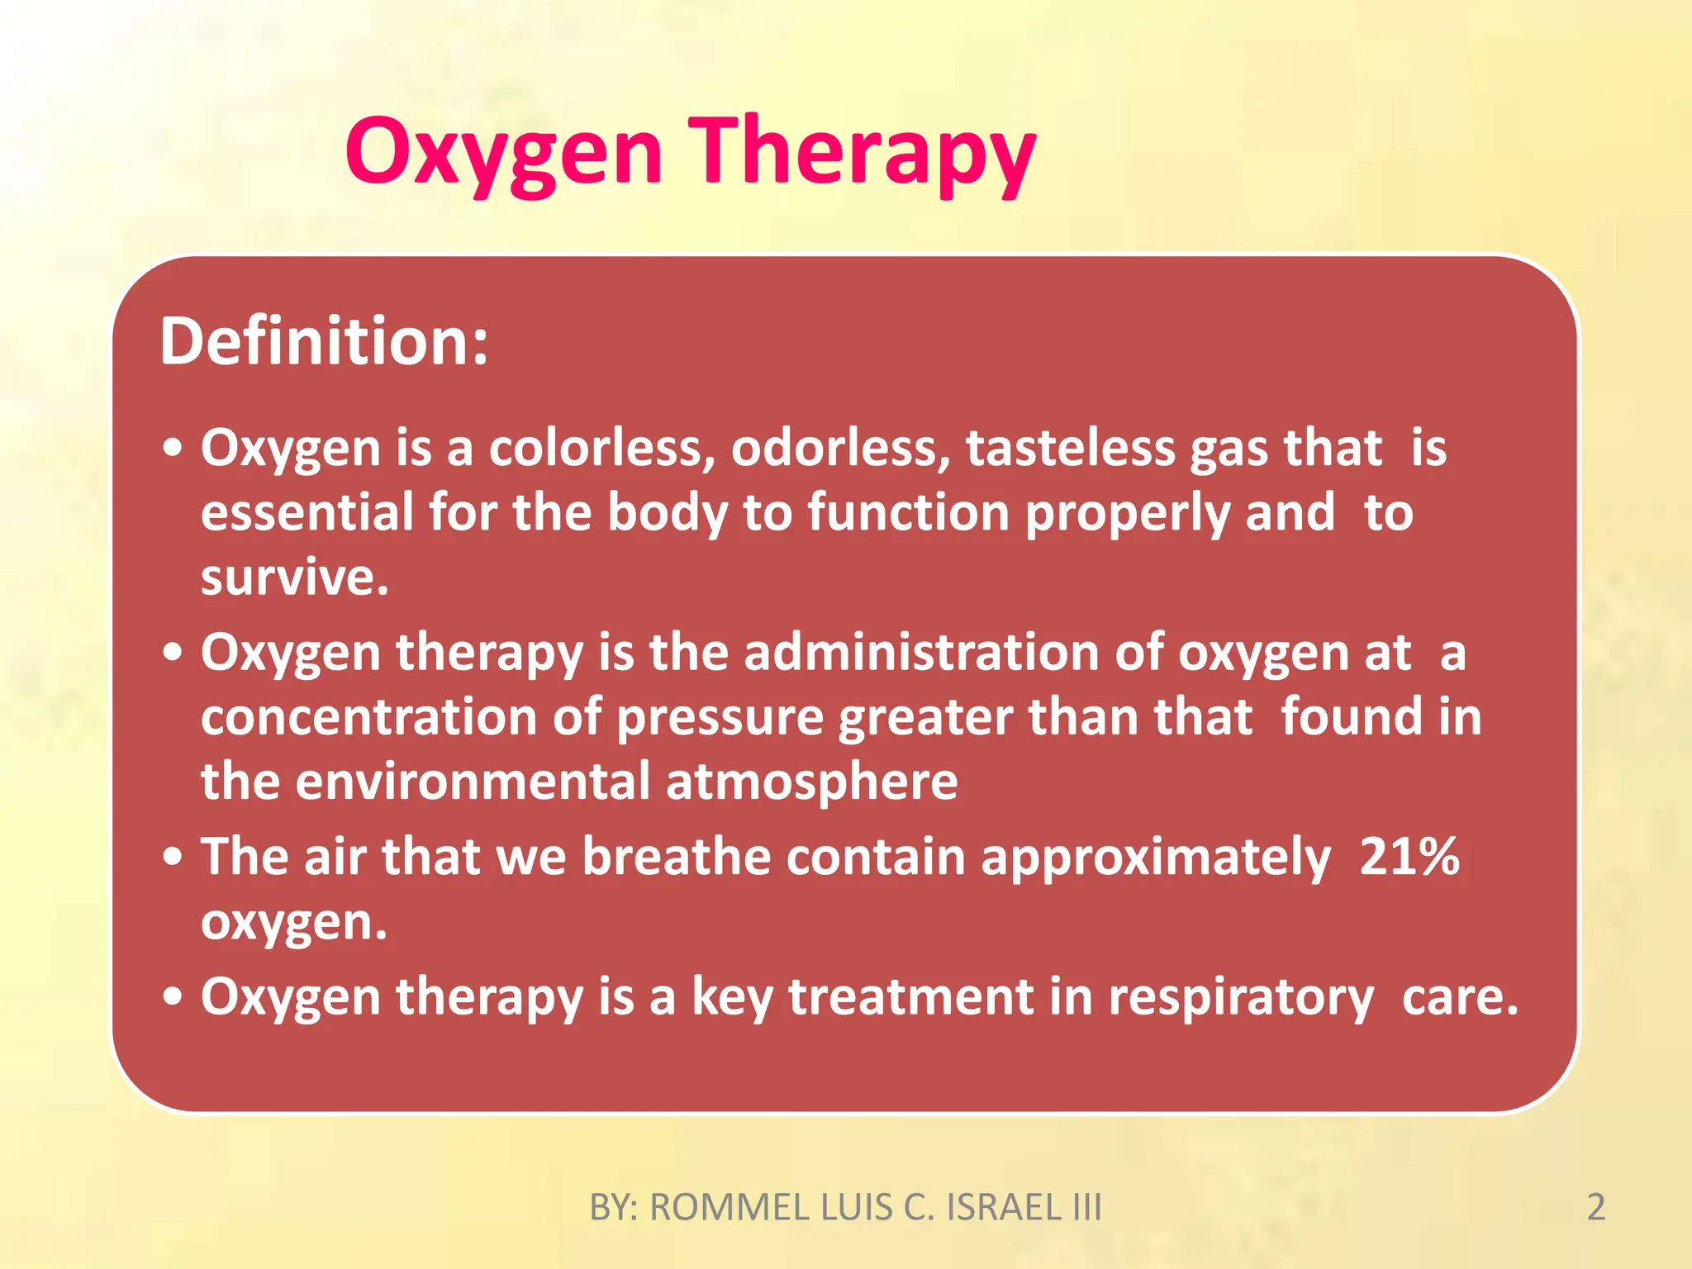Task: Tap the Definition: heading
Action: point(324,341)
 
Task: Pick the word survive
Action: point(294,577)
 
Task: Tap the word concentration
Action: point(368,716)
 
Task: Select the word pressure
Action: point(720,716)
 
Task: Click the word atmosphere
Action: point(811,781)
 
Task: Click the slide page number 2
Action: point(1596,1207)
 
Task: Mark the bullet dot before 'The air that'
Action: point(172,857)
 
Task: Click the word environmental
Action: point(473,781)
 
